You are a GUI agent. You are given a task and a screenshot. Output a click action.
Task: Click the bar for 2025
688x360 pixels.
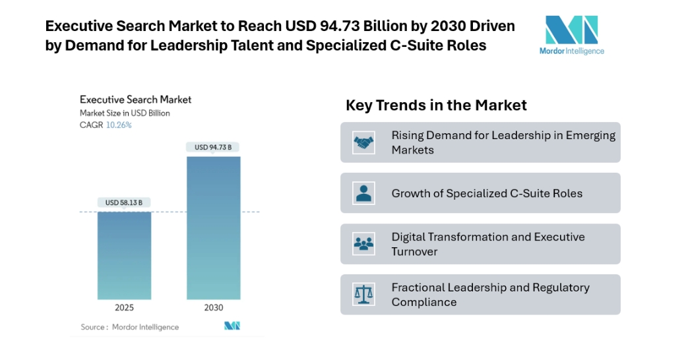[x=124, y=255]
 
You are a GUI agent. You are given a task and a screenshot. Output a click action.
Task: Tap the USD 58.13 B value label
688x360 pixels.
[x=124, y=203]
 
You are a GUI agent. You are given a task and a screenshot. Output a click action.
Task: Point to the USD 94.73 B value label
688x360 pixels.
[x=213, y=147]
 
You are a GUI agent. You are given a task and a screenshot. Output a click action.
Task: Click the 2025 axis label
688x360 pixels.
[x=124, y=307]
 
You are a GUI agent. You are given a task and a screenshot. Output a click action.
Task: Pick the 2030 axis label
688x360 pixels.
[x=213, y=307]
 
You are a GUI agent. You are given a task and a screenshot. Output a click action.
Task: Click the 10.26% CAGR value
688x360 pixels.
[x=119, y=125]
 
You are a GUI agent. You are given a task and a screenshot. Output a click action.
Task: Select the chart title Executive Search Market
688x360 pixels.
[x=135, y=100]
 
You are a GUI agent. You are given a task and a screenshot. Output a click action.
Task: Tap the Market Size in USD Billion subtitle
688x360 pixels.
[x=125, y=113]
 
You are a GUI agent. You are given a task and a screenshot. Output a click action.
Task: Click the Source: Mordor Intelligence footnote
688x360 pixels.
[x=129, y=327]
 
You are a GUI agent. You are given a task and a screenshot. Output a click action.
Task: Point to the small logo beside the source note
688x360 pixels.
[x=232, y=326]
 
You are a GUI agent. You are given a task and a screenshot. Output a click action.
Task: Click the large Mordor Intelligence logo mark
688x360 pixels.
[x=571, y=30]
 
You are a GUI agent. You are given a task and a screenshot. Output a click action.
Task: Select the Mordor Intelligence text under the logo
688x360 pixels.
[x=571, y=51]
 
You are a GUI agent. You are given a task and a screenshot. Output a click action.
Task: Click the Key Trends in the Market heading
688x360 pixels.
[x=436, y=105]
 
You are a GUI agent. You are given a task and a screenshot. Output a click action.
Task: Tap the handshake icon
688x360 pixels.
[x=363, y=142]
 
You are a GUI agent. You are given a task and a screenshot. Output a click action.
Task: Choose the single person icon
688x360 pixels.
[x=363, y=193]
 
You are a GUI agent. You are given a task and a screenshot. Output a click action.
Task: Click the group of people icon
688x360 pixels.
[x=363, y=244]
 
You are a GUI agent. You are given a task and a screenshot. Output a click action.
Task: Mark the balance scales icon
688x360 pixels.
[x=363, y=294]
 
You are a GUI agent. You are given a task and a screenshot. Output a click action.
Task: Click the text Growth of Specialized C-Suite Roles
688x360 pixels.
[x=487, y=193]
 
